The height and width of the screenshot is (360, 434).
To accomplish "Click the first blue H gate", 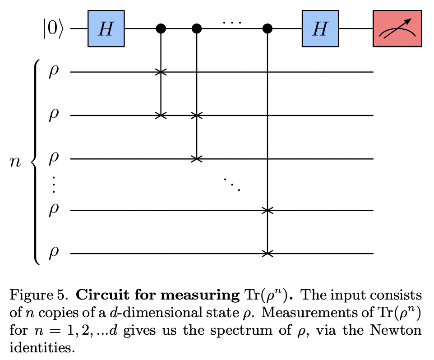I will pos(106,29).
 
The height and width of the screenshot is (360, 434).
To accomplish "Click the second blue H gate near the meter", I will pos(320,29).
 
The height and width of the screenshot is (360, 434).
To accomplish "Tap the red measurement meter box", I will pos(397,29).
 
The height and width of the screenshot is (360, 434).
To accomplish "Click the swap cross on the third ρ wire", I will pos(196,159).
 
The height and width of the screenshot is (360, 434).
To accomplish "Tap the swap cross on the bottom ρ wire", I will pos(268,254).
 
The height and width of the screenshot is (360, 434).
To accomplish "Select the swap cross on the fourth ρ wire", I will pos(268,210).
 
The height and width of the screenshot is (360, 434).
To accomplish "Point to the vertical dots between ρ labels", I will pos(53,185).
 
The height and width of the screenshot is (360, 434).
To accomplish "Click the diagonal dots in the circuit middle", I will pos(232,184).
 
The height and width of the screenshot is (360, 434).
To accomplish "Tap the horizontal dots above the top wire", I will pos(232,22).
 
